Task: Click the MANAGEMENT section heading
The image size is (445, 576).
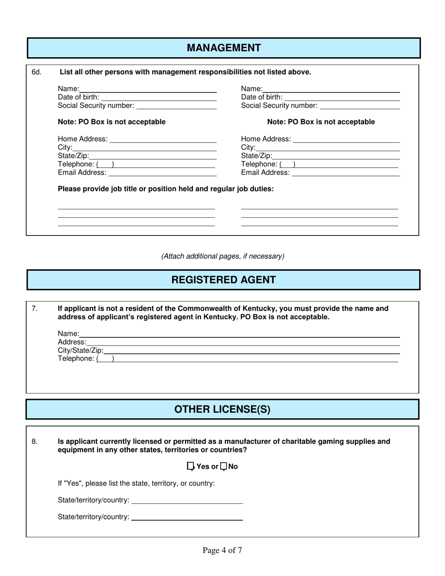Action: pos(223,48)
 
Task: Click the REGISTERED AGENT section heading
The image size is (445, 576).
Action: pos(223,280)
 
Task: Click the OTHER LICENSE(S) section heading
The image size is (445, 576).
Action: pos(222,409)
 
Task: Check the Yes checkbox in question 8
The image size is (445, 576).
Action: pos(190,466)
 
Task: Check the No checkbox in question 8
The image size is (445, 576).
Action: pos(223,466)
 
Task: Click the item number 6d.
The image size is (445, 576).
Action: pos(37,72)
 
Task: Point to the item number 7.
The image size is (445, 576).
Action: pos(34,309)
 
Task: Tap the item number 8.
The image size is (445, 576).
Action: pos(34,441)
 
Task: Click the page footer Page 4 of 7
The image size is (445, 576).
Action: pos(222,550)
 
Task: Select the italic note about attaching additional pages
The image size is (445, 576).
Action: pos(222,256)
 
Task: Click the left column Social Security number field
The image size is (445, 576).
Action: pos(176,106)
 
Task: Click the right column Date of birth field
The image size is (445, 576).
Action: pos(341,97)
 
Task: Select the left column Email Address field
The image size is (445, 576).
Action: pos(162,173)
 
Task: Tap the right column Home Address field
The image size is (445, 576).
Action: pos(346,139)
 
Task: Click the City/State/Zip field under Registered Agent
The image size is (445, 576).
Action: pos(252,350)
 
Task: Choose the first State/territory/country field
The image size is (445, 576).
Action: pos(187,500)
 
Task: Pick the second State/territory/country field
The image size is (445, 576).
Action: pos(187,517)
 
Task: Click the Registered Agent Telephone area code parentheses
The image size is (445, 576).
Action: pos(105,359)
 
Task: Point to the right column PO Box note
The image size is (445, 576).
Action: pos(321,122)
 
